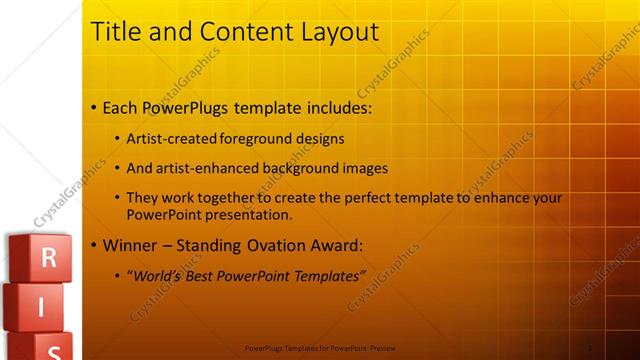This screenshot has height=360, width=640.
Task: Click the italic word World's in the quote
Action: tap(156, 275)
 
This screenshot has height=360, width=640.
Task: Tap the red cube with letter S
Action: tap(52, 348)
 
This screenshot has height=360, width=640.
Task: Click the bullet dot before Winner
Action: tap(94, 245)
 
